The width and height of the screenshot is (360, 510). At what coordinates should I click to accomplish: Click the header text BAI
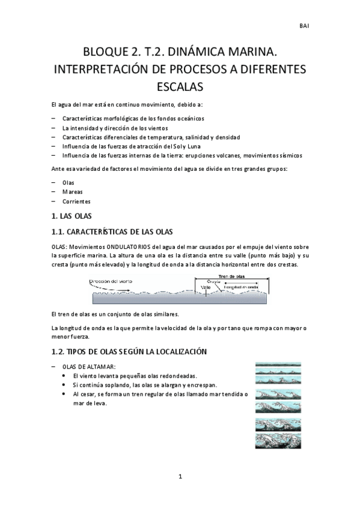coord(304,26)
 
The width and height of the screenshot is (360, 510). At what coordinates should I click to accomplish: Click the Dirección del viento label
coord(111,281)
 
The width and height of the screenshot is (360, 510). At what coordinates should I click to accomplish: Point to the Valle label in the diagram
coord(206,287)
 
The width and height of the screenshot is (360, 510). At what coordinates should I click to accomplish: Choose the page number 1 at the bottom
coord(180,477)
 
